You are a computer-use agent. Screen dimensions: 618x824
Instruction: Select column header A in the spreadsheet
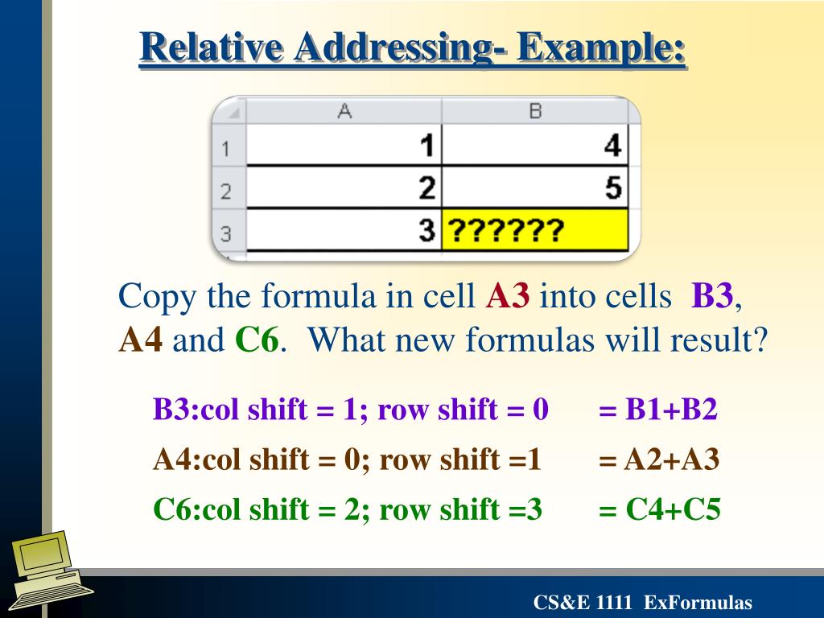click(x=344, y=112)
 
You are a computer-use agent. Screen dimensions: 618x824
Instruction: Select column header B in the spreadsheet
click(x=535, y=112)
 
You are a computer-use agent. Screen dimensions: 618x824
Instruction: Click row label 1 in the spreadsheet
click(x=226, y=148)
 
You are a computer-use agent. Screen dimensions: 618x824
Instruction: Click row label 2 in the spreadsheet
click(x=226, y=191)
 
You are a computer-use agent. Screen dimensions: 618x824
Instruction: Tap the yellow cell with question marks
click(x=535, y=232)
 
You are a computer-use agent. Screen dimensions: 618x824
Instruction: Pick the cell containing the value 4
click(x=535, y=146)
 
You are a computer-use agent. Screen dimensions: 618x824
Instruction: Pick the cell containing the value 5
click(x=535, y=189)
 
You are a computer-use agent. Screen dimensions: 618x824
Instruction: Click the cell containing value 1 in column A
click(x=344, y=146)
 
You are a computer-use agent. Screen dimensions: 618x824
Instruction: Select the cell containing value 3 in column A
click(x=344, y=232)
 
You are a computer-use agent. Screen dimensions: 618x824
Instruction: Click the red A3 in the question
click(x=508, y=297)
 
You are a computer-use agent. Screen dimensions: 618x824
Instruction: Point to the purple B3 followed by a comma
click(x=712, y=297)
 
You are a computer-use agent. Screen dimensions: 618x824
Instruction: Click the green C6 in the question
click(x=257, y=340)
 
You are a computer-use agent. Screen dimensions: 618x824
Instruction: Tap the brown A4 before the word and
click(x=141, y=340)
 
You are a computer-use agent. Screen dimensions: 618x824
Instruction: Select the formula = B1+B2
click(x=657, y=410)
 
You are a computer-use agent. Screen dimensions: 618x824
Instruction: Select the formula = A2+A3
click(x=659, y=460)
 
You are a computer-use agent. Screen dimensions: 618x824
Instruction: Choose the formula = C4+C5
click(x=659, y=509)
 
